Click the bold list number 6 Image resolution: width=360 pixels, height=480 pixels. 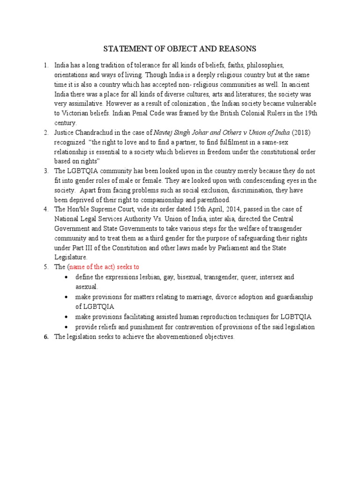click(47, 337)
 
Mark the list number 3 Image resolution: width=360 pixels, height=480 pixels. click(46, 171)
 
